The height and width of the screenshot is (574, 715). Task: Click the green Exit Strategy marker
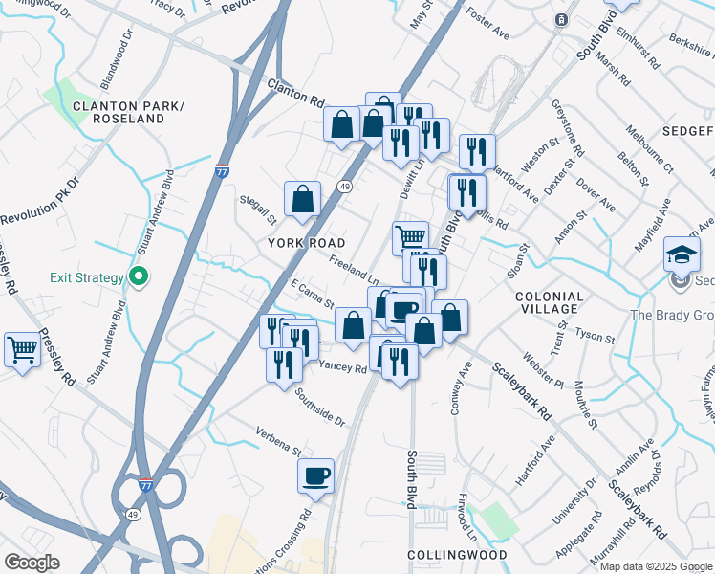139,277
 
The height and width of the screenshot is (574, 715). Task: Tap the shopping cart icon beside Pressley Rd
22,348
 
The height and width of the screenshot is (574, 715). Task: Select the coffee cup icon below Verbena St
315,475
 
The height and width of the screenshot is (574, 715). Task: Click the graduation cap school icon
682,254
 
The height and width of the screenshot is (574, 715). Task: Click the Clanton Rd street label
296,93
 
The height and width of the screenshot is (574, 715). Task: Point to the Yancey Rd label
342,366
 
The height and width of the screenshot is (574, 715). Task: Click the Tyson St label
596,337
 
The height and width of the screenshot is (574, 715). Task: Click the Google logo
32,563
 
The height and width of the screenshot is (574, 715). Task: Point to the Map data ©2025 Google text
656,566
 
